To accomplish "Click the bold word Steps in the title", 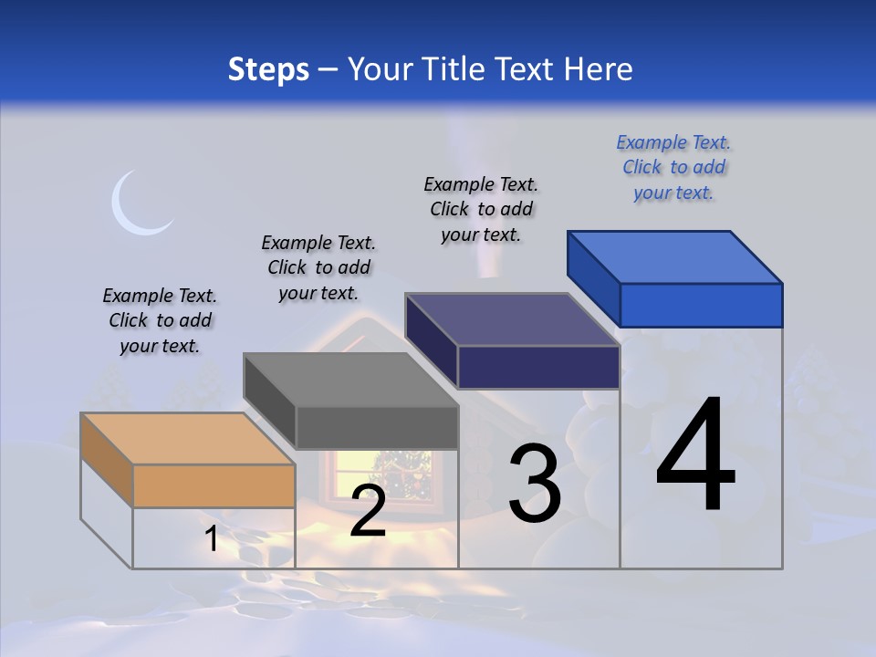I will point(268,69).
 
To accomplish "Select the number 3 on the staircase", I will point(534,484).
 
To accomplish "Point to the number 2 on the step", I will point(368,511).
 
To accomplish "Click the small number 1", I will point(212,538).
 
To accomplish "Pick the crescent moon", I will point(137,204).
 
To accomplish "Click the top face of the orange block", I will point(188,439).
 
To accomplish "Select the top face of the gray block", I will point(350,380).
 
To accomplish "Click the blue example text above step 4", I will point(673,167).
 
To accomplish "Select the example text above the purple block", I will point(481,209).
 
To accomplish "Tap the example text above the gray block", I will point(318,267).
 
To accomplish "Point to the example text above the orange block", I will point(160,320).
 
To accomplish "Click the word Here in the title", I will point(600,69).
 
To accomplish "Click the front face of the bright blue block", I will point(701,305).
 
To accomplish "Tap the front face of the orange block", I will point(214,485).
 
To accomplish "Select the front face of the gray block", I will point(376,427).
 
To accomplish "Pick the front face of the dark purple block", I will point(538,367).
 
